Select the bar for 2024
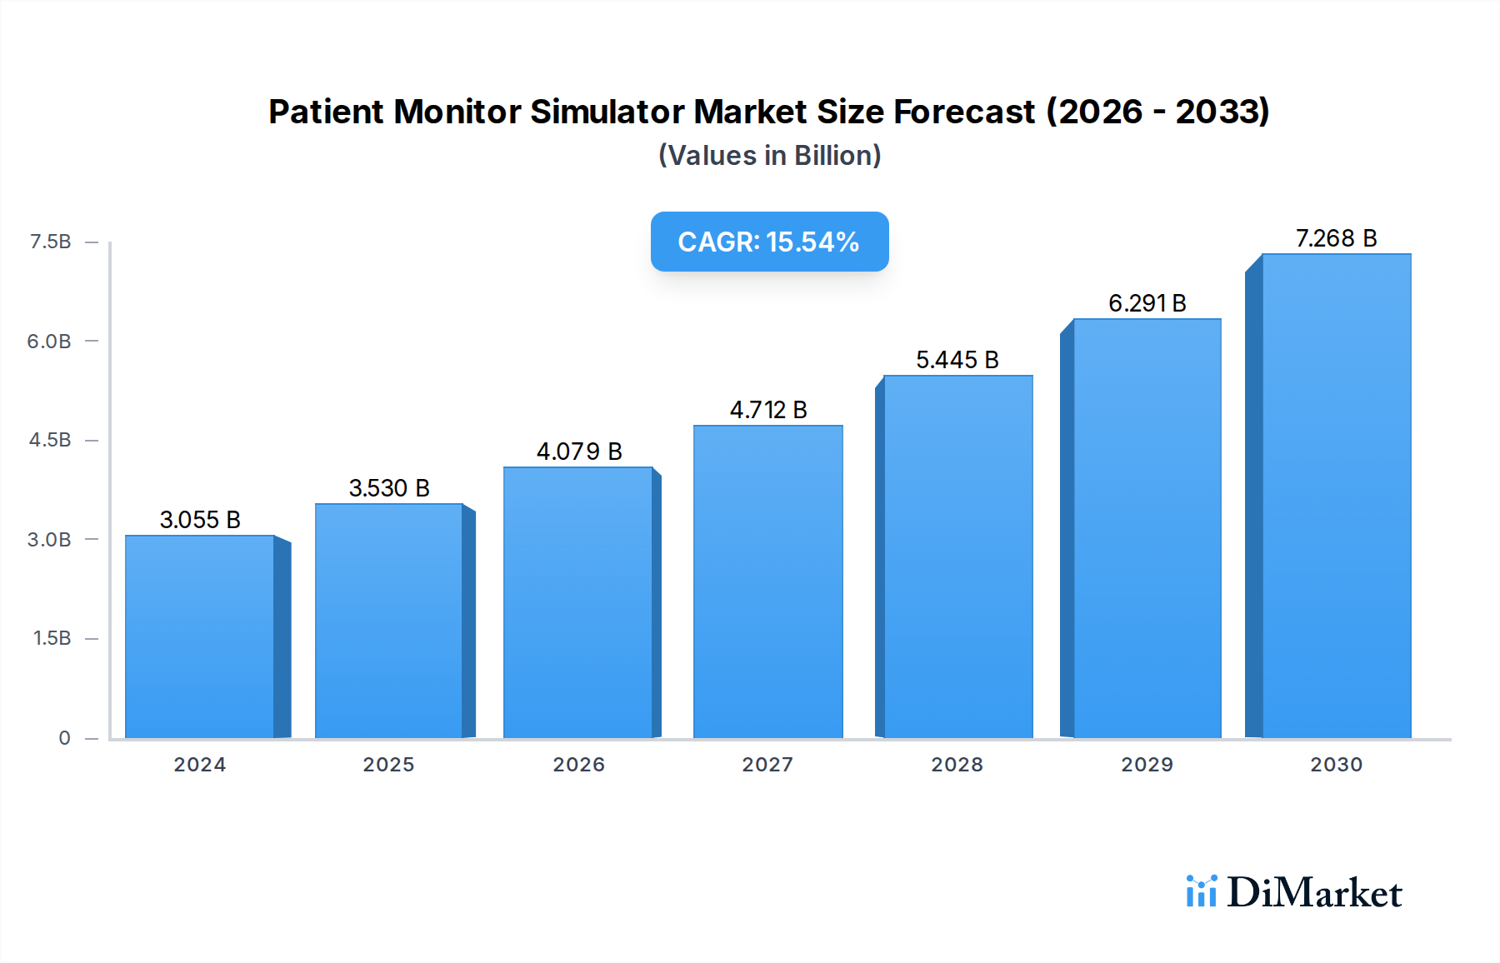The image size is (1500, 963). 200,637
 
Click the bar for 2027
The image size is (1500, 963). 767,582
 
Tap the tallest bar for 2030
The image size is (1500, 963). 1336,496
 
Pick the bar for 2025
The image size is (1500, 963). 389,621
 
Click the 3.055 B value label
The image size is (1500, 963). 200,520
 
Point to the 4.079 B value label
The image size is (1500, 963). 579,452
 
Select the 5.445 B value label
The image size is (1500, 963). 957,360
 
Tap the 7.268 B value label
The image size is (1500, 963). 1336,238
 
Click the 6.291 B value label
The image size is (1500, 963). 1147,303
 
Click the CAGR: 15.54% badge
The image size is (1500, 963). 769,242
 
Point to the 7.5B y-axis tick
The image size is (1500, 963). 51,242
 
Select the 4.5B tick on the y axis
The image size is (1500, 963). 51,440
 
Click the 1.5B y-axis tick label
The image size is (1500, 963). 52,638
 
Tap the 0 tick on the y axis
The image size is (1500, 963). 64,738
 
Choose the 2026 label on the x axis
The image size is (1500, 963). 578,765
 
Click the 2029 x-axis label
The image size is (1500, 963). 1147,765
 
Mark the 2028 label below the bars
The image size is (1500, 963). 957,765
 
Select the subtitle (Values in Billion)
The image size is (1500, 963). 769,156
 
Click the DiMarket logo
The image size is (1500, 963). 1294,893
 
